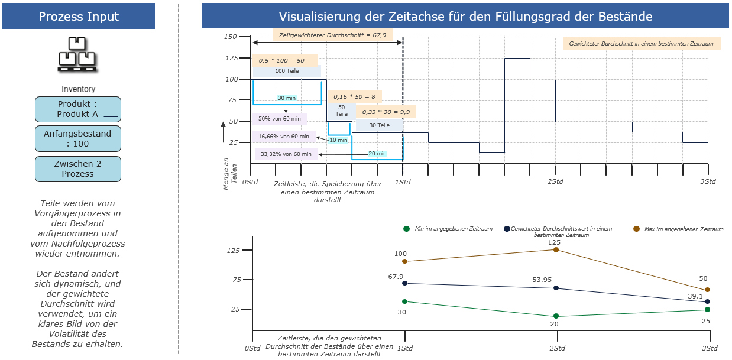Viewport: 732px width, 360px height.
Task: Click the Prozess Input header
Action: click(x=79, y=17)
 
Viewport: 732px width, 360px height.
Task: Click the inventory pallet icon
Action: click(x=77, y=55)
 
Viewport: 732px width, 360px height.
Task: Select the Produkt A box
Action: click(x=78, y=109)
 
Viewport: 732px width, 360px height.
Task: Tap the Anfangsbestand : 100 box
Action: click(x=78, y=138)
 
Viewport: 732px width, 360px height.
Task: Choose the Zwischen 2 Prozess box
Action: click(x=78, y=169)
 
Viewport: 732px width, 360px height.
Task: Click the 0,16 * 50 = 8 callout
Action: click(x=355, y=96)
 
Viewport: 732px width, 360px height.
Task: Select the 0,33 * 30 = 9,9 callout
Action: click(x=386, y=112)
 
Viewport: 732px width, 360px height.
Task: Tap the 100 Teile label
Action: click(x=287, y=71)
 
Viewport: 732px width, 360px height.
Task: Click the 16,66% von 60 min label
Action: click(x=284, y=137)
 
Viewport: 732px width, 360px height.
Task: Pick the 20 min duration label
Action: click(x=377, y=154)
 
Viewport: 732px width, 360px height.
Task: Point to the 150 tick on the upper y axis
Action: click(x=230, y=37)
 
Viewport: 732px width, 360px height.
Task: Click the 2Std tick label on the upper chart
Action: click(x=555, y=181)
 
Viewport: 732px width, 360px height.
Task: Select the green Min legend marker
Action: click(x=406, y=229)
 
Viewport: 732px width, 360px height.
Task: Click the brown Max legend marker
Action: click(x=636, y=229)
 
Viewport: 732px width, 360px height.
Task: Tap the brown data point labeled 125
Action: click(x=556, y=249)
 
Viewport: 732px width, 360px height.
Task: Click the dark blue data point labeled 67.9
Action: click(x=404, y=283)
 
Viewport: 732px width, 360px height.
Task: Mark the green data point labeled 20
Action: click(x=556, y=316)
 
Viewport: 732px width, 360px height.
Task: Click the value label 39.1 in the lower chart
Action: click(x=695, y=296)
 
